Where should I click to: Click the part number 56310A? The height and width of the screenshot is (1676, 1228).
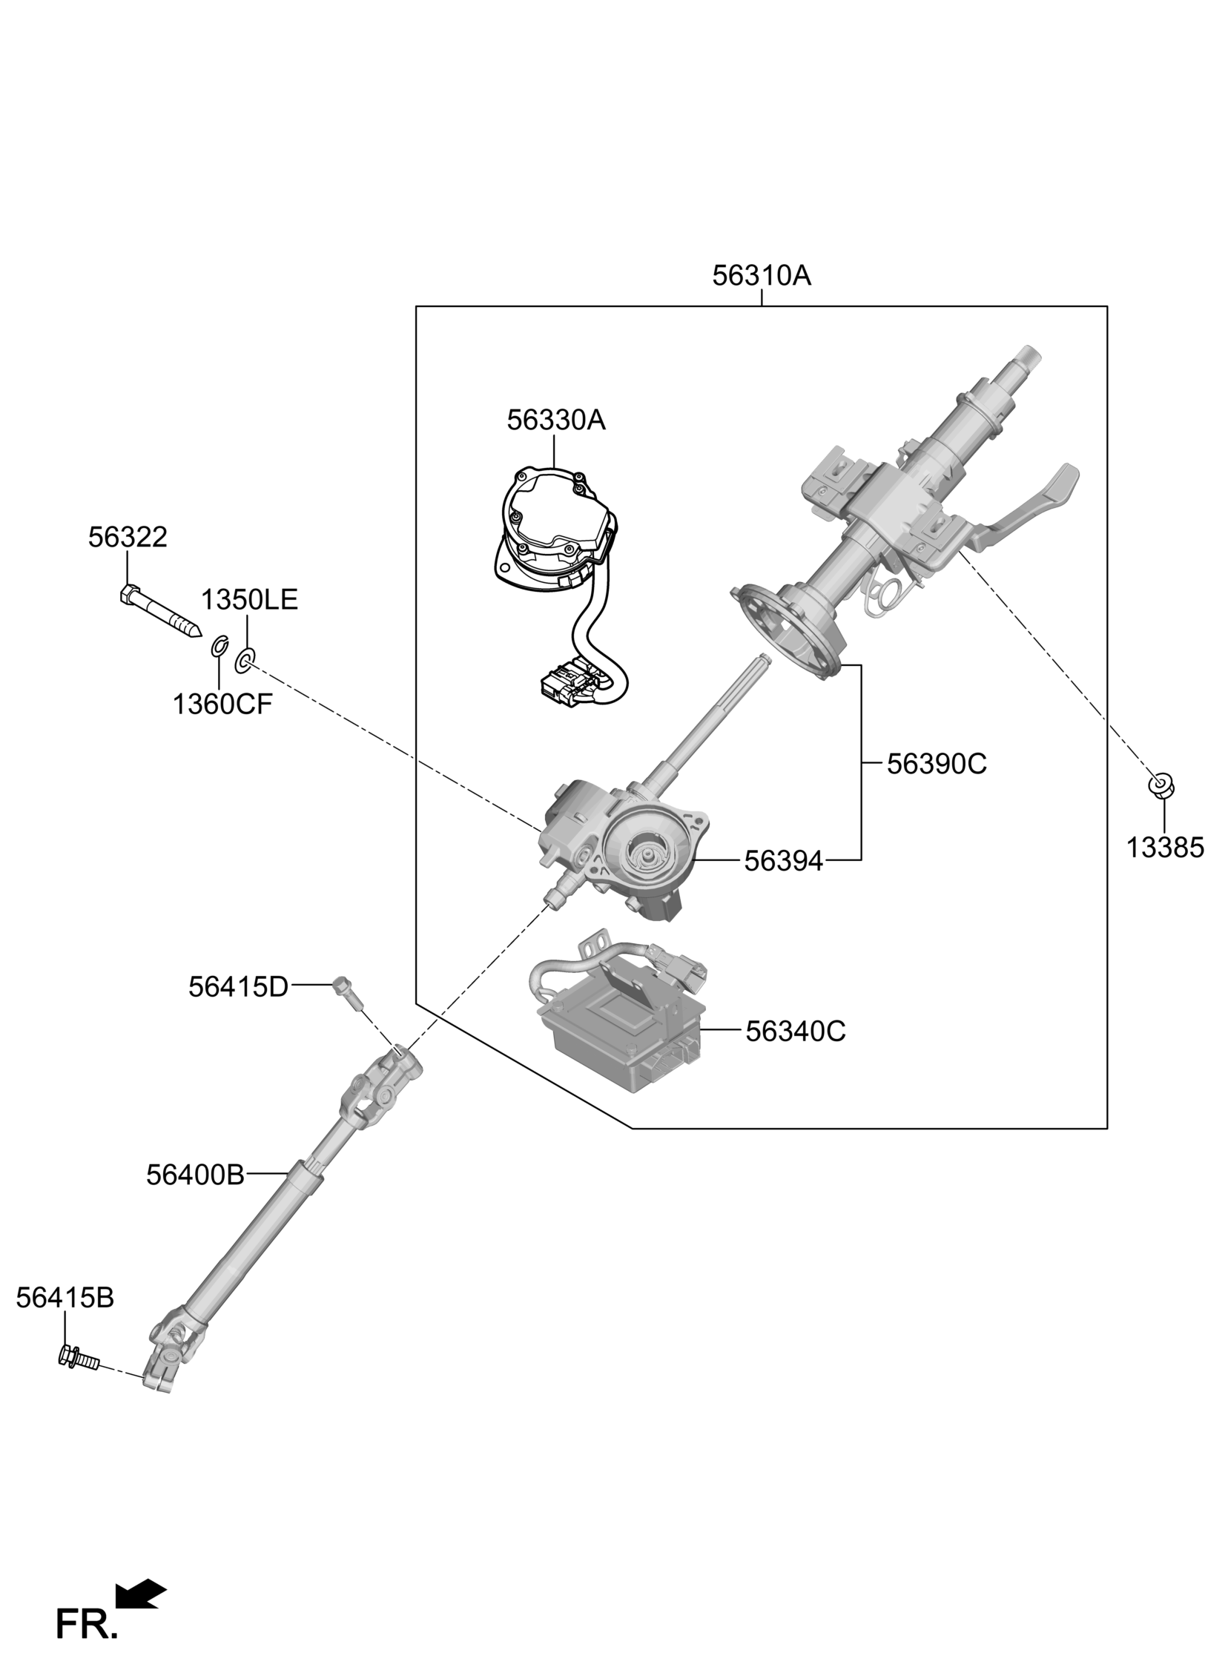[761, 276]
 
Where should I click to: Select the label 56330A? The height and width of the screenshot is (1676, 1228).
[556, 420]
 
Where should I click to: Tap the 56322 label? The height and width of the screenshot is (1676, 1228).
[128, 538]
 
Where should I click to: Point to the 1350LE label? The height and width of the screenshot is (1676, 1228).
[249, 600]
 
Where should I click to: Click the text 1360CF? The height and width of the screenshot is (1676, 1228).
[222, 704]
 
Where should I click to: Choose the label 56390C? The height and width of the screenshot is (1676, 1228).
[937, 764]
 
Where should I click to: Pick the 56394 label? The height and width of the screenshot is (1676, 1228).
[784, 862]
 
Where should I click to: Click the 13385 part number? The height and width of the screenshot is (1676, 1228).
[1165, 848]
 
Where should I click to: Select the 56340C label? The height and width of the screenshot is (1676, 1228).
[796, 1032]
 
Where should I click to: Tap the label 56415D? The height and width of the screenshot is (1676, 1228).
[238, 987]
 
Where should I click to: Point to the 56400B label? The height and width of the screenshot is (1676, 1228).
[196, 1175]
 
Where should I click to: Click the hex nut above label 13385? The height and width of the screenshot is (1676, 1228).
[1161, 785]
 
